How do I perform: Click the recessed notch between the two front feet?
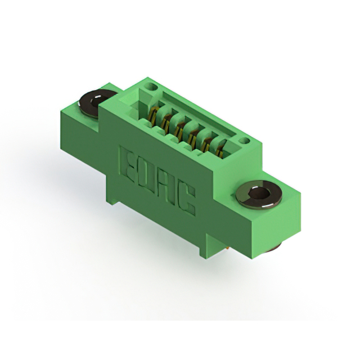(x=163, y=225)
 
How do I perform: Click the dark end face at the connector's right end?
(x=281, y=225)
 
